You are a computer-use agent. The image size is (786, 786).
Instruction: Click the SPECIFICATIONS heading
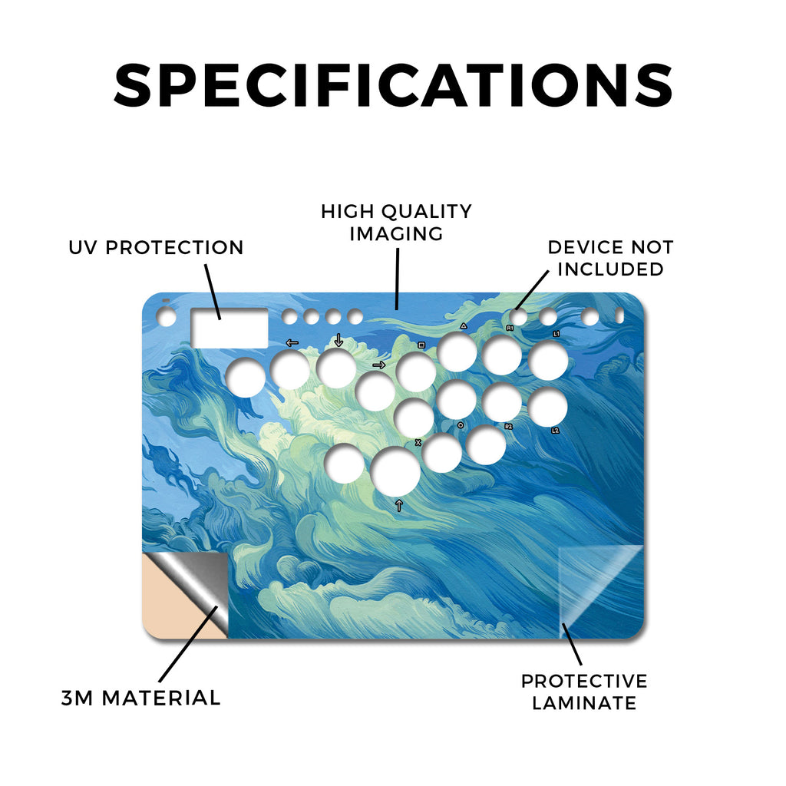pyautogui.click(x=393, y=84)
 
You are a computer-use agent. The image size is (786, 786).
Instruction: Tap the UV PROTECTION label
pyautogui.click(x=156, y=248)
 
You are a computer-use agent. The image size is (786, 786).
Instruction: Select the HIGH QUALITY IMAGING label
pyautogui.click(x=397, y=223)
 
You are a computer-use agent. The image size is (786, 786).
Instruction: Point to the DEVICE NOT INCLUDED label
pyautogui.click(x=610, y=258)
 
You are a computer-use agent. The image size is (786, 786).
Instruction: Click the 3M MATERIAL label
pyautogui.click(x=141, y=698)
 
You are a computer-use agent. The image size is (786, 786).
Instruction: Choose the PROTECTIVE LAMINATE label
pyautogui.click(x=584, y=692)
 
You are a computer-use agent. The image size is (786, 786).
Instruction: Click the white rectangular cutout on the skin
pyautogui.click(x=229, y=329)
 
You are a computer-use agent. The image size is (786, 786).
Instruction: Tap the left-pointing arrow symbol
pyautogui.click(x=292, y=343)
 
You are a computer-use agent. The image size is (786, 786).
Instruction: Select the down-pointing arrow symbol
pyautogui.click(x=339, y=340)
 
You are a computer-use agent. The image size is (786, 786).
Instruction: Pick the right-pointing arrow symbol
pyautogui.click(x=379, y=365)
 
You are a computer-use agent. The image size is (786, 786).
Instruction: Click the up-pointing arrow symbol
pyautogui.click(x=399, y=505)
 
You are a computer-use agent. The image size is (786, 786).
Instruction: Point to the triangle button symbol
pyautogui.click(x=464, y=325)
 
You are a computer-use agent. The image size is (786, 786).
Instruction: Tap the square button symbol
pyautogui.click(x=421, y=345)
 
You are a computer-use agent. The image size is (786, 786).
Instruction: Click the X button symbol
pyautogui.click(x=418, y=442)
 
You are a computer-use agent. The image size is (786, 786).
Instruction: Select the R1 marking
pyautogui.click(x=510, y=328)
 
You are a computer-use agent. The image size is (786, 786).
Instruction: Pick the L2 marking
pyautogui.click(x=555, y=430)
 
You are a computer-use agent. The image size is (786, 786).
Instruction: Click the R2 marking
pyautogui.click(x=509, y=427)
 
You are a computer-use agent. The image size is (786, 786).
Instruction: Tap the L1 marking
pyautogui.click(x=556, y=333)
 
